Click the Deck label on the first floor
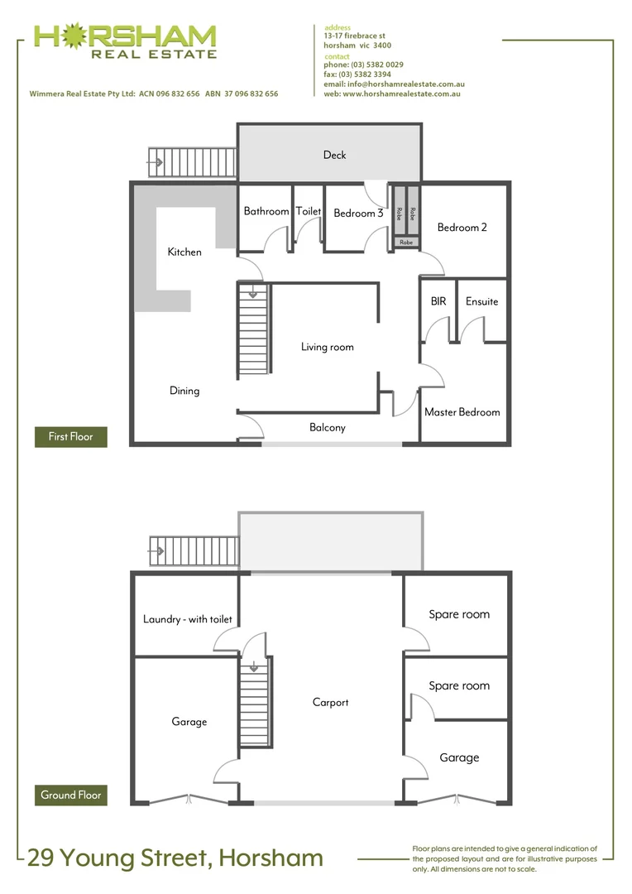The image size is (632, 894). [334, 155]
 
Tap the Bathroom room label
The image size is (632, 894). [266, 212]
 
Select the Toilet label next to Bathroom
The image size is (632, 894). [309, 212]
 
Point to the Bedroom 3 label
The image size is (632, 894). [358, 214]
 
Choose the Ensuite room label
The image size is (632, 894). [481, 302]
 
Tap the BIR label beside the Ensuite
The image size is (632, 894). [438, 302]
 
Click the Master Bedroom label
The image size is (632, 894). [462, 412]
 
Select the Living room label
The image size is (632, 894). [327, 348]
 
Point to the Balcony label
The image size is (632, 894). [328, 428]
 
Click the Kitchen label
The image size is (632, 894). [184, 252]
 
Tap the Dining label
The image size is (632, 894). [184, 391]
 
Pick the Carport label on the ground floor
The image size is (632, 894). [330, 703]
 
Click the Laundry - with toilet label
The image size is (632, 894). [188, 619]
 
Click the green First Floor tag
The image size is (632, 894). [71, 436]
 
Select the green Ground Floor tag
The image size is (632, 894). [71, 795]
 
